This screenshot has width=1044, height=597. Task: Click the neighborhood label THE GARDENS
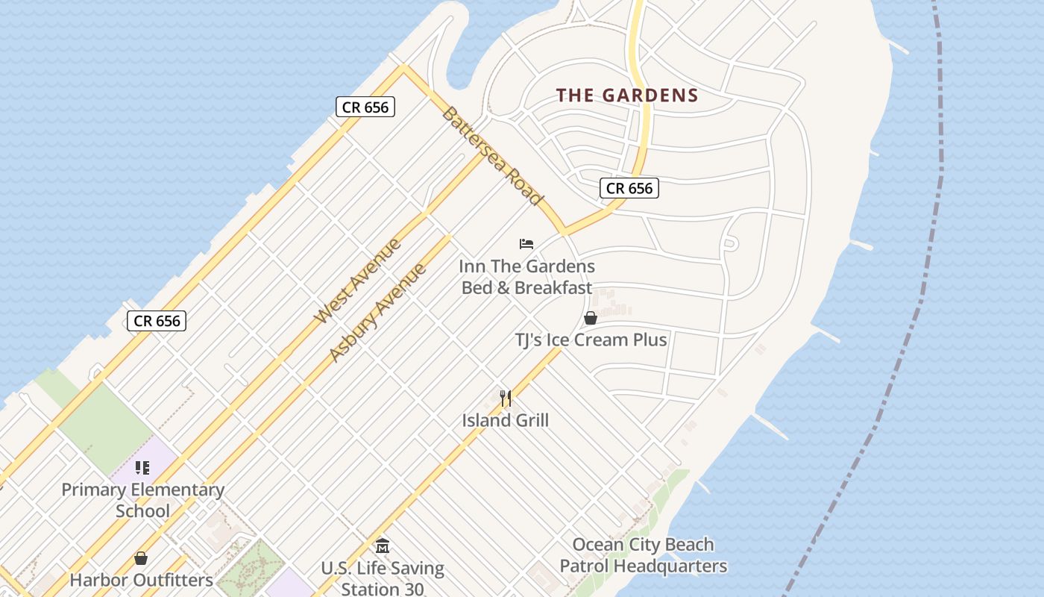click(x=627, y=96)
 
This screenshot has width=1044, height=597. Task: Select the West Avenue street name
click(x=358, y=281)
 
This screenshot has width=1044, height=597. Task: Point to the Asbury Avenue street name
click(x=377, y=313)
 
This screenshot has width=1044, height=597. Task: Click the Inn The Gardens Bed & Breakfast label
click(x=526, y=277)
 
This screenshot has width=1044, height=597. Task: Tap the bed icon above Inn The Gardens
click(x=526, y=244)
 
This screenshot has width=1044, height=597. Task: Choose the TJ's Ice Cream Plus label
click(x=591, y=340)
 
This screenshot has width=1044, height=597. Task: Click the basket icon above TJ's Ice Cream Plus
click(x=591, y=319)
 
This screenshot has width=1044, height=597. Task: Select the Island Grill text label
click(x=505, y=420)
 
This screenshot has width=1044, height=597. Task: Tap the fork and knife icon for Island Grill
click(x=506, y=398)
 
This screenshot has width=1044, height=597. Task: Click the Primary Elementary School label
click(x=142, y=500)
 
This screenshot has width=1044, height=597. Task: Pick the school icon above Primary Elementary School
click(x=142, y=468)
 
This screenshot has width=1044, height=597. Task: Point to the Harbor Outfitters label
click(x=141, y=580)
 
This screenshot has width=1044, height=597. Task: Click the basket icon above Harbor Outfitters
click(x=141, y=558)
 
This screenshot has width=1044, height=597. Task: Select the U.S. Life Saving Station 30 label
click(x=383, y=578)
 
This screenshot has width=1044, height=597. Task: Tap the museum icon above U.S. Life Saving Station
click(x=383, y=546)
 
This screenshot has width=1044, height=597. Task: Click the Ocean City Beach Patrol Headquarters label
click(x=643, y=555)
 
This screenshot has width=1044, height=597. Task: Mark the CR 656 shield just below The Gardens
click(x=629, y=188)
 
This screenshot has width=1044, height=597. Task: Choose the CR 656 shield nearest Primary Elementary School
click(x=156, y=321)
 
